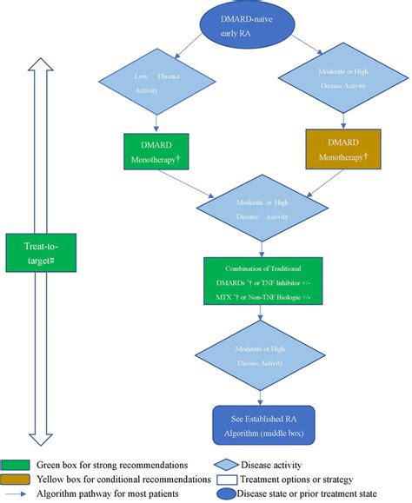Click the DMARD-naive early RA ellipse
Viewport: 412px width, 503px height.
coord(259,29)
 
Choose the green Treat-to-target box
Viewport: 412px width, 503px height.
coord(42,248)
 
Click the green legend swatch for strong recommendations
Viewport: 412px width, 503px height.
coord(17,465)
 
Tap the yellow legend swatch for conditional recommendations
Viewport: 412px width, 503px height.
coord(17,479)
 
